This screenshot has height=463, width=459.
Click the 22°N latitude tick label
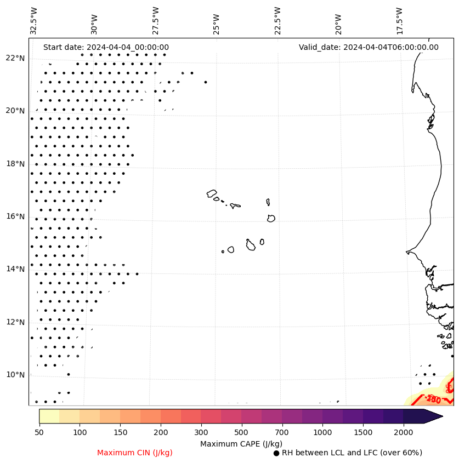[x=15, y=58]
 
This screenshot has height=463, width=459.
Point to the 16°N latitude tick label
[x=15, y=216]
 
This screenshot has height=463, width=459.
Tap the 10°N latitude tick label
[x=15, y=375]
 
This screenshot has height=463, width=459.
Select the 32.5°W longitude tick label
[x=34, y=21]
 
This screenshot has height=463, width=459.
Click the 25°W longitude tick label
[x=216, y=24]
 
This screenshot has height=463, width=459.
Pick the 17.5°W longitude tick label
[x=399, y=21]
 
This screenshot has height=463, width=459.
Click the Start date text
[x=106, y=47]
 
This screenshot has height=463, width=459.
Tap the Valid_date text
[x=369, y=47]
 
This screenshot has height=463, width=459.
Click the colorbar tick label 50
[x=39, y=433]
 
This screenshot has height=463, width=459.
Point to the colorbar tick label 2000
[x=404, y=433]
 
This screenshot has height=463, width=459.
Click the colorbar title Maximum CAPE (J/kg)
[x=241, y=443]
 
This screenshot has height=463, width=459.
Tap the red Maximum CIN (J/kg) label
[x=135, y=453]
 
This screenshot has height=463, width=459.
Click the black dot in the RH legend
[x=276, y=453]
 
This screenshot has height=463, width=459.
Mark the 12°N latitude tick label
[x=15, y=322]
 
